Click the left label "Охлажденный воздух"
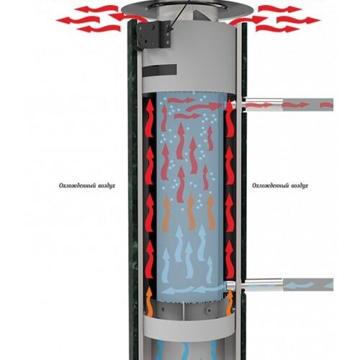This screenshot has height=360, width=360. (x=87, y=186)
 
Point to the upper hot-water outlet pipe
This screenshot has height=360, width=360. (x=288, y=105)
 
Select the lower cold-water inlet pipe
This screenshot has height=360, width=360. (x=288, y=285)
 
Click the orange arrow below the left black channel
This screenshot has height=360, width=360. (x=149, y=300)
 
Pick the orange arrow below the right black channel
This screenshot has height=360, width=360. (x=230, y=302)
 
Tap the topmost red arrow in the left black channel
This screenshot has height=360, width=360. (x=149, y=118)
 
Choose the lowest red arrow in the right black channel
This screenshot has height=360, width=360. (x=230, y=260)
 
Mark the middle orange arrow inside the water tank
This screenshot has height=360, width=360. (x=191, y=212)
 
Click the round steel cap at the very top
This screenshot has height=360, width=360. (x=187, y=9)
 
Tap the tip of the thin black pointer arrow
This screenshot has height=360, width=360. (x=170, y=31)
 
